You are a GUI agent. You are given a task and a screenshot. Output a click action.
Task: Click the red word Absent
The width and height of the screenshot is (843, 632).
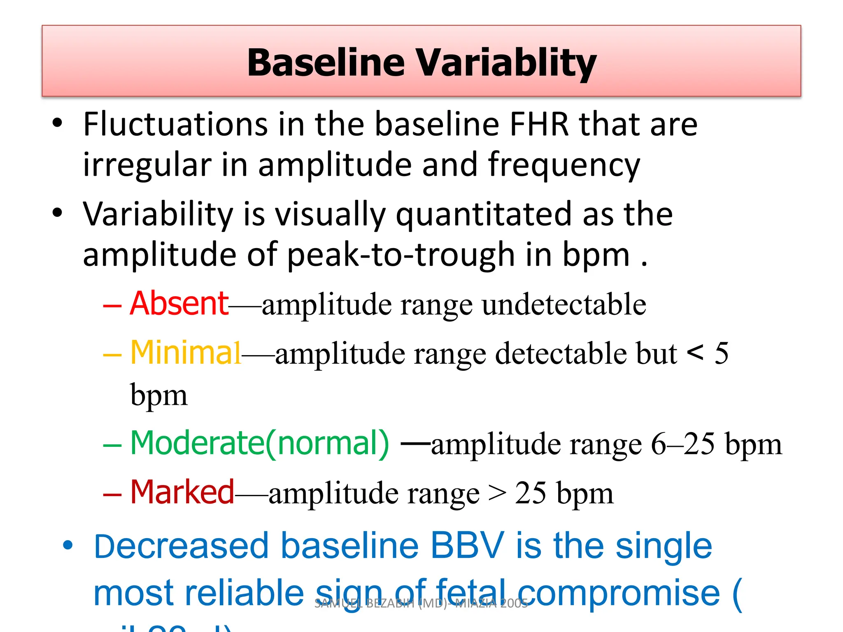point(179,304)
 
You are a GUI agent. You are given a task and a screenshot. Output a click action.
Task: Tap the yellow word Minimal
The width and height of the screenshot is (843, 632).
point(185,353)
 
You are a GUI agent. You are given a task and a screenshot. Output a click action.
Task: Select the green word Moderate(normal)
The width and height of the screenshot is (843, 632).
point(259,444)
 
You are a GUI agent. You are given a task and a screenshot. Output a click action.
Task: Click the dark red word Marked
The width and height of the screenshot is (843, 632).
point(182,493)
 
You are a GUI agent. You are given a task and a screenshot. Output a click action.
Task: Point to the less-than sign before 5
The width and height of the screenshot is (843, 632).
point(695,353)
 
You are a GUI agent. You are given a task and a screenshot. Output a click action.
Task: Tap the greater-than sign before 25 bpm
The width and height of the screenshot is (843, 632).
point(497,493)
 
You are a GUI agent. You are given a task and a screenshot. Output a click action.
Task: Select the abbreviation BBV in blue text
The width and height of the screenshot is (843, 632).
point(467,546)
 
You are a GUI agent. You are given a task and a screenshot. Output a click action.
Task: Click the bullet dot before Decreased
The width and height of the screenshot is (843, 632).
point(68,546)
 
